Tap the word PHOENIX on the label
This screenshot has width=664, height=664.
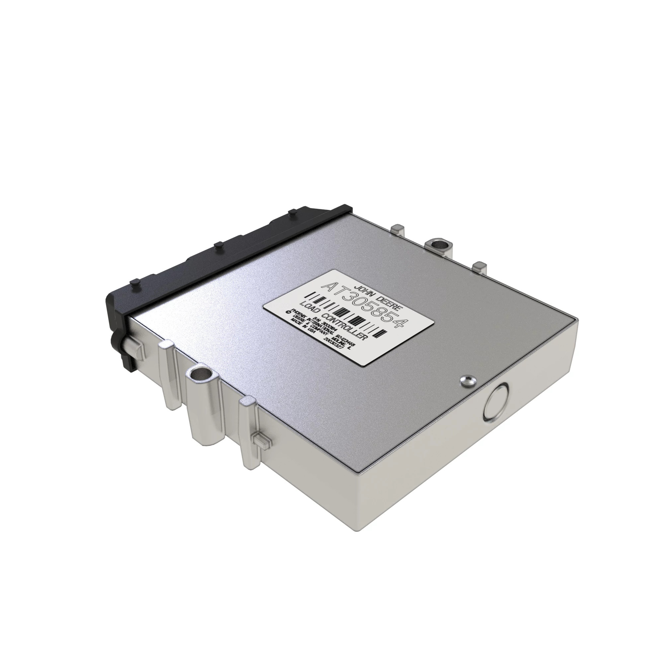coord(299,315)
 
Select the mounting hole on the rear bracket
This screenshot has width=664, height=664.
coord(438,245)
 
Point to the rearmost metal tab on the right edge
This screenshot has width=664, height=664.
coord(399,228)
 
